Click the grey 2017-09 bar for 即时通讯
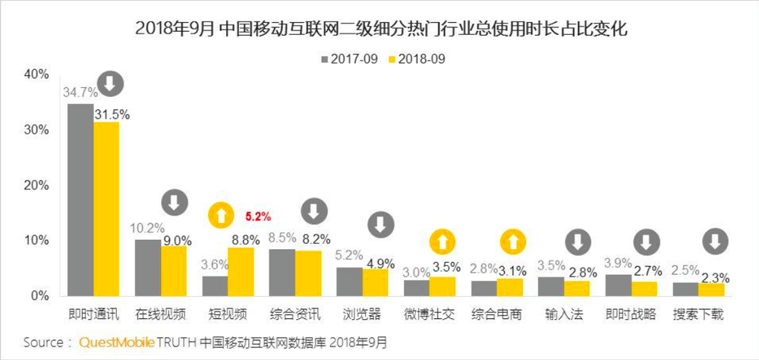(80, 200)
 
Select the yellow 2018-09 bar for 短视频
(242, 271)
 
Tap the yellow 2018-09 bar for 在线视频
(175, 270)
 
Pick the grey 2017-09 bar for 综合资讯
(282, 272)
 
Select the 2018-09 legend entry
(414, 58)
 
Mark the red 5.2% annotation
(257, 216)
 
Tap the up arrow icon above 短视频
(222, 216)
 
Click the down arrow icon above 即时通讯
(111, 83)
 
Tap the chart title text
(379, 30)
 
